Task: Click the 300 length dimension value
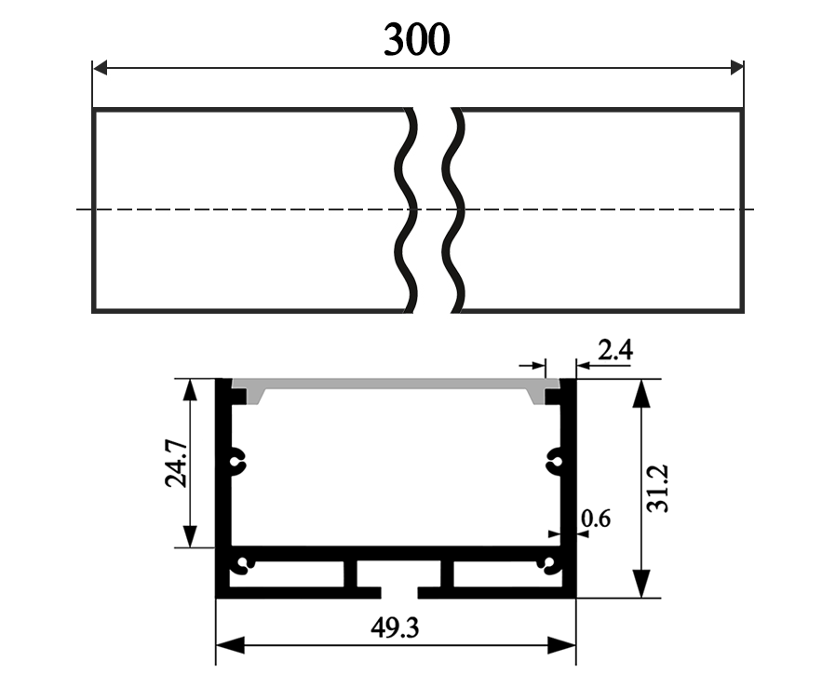click(x=416, y=39)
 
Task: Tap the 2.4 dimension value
click(x=615, y=350)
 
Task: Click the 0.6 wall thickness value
click(x=596, y=519)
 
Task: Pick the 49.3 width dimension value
click(x=395, y=629)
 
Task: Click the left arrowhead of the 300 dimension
click(x=101, y=67)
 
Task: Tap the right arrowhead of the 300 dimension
click(x=735, y=67)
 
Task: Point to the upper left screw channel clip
click(x=240, y=457)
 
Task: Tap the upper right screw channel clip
click(x=555, y=457)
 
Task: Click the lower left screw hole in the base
click(x=245, y=564)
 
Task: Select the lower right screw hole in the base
click(x=551, y=564)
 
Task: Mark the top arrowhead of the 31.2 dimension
click(x=640, y=391)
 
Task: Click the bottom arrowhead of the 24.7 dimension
click(x=190, y=537)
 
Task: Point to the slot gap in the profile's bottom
click(x=399, y=591)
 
